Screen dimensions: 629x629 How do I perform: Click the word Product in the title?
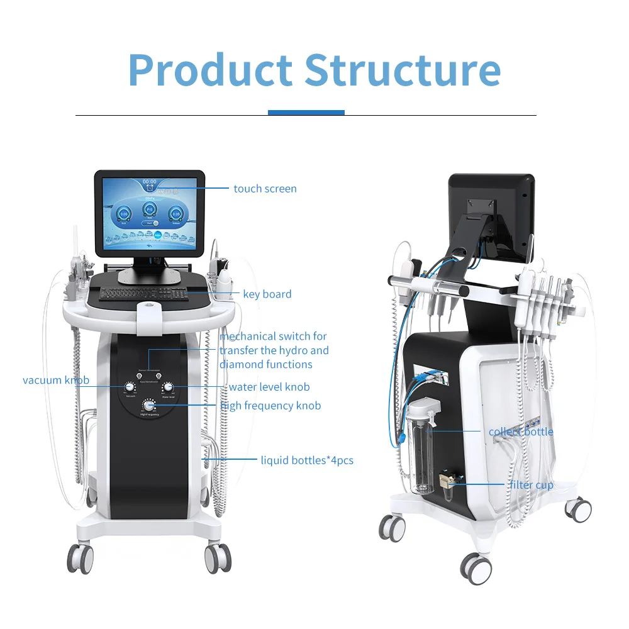210,70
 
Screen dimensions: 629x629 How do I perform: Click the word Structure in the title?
403,70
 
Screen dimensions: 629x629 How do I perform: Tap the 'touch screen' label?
265,189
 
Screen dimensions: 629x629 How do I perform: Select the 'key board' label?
267,294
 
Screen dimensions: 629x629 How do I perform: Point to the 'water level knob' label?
269,387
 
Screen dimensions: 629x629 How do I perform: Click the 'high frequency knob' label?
270,406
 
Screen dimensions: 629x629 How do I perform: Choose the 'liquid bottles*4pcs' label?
307,460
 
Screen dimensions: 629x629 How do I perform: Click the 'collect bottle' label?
521,431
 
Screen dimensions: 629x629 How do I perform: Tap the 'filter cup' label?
531,485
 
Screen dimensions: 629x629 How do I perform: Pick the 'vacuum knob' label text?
56,380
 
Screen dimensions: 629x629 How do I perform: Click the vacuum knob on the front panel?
130,387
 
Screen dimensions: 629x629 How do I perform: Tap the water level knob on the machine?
168,387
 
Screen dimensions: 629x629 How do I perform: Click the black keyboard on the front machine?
143,293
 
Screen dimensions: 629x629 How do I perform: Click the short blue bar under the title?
306,113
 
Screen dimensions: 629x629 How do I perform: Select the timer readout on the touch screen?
149,182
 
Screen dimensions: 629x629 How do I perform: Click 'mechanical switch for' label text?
273,337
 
